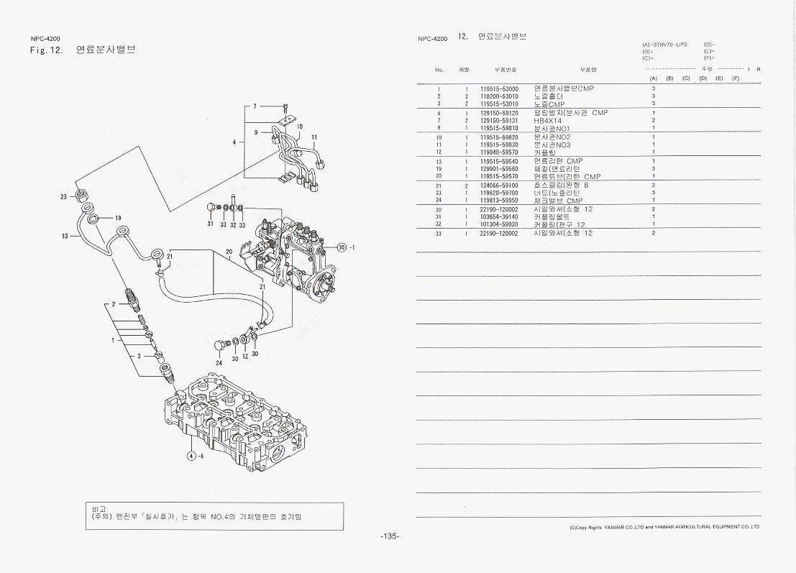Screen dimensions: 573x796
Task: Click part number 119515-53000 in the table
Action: tap(499, 89)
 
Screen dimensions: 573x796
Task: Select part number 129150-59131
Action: tap(499, 121)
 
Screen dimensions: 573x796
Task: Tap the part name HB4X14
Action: tap(548, 121)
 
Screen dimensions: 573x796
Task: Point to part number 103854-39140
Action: tap(499, 217)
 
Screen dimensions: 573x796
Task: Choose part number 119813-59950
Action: tap(499, 201)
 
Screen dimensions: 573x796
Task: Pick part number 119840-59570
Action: tap(499, 152)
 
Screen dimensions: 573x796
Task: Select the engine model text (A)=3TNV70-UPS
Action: tap(664, 45)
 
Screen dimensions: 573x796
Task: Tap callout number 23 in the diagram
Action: tap(63, 196)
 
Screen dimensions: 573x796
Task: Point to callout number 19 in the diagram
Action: tap(118, 218)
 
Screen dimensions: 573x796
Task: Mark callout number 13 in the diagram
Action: tap(64, 236)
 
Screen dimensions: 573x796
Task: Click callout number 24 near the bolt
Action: tap(219, 363)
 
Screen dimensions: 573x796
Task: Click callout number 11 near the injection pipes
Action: tap(314, 137)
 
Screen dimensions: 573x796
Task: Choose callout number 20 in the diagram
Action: tap(229, 252)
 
